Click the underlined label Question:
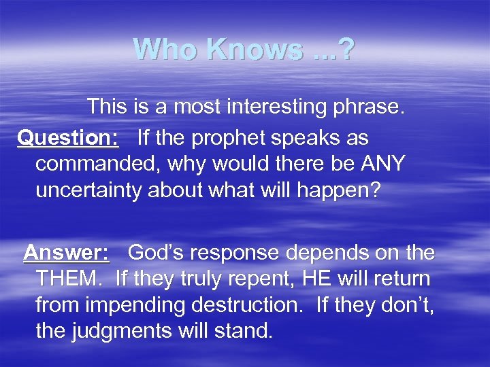pyautogui.click(x=68, y=137)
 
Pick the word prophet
pyautogui.click(x=225, y=137)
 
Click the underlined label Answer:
pyautogui.click(x=66, y=253)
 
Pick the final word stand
pyautogui.click(x=240, y=332)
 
